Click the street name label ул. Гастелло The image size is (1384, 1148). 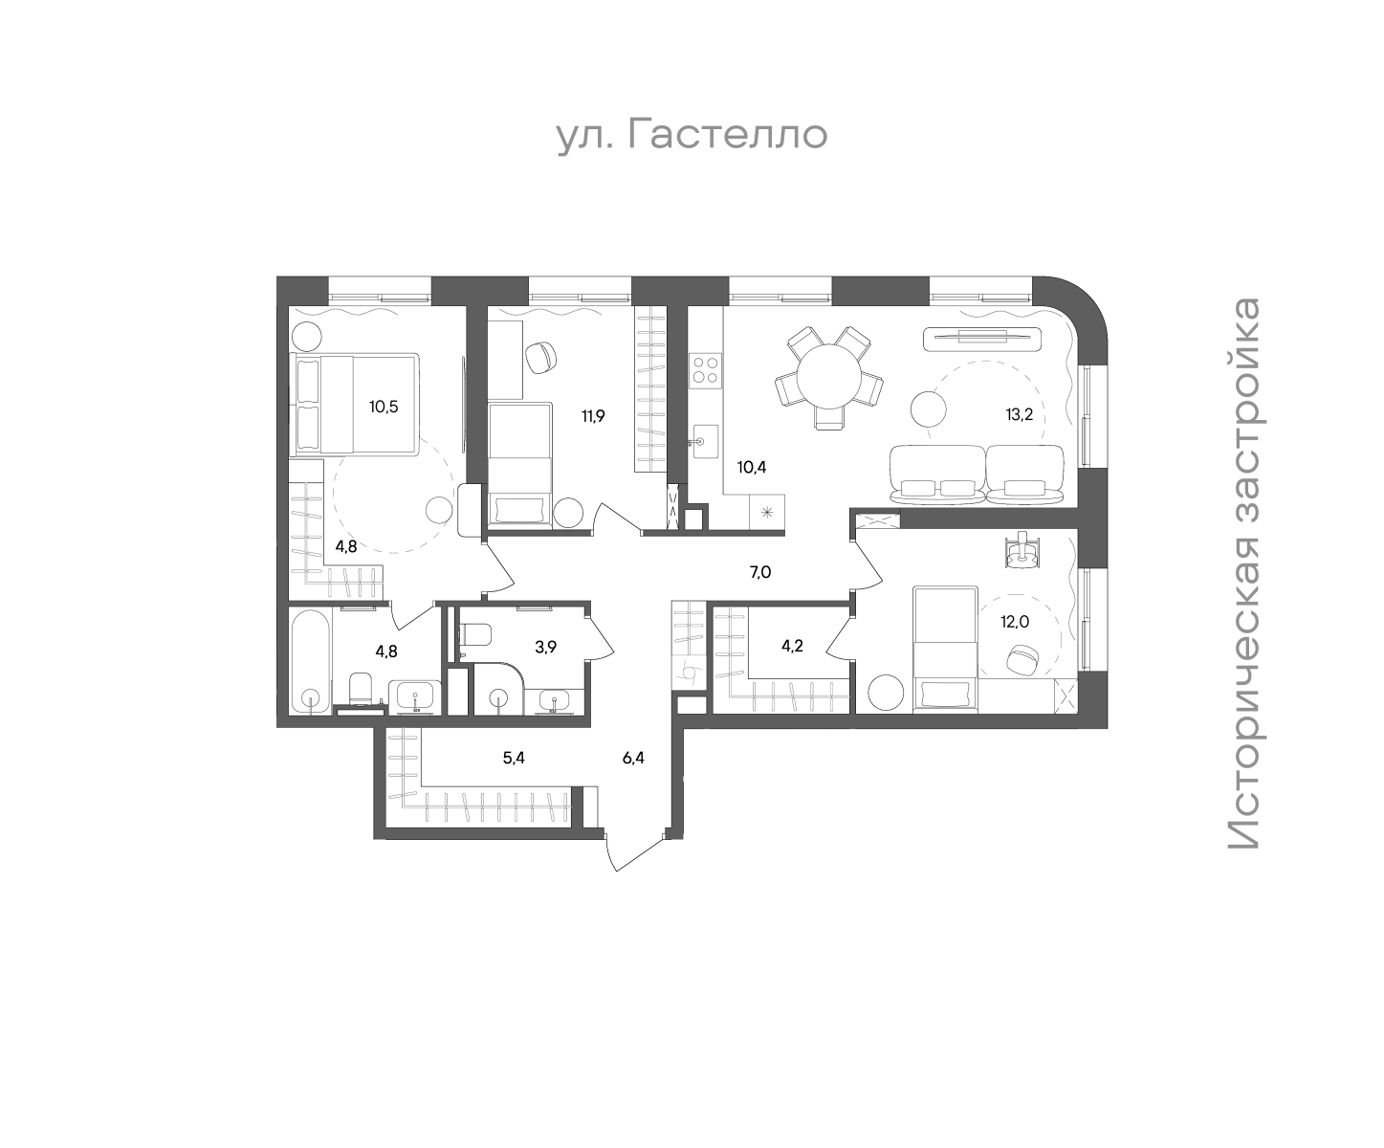(692, 135)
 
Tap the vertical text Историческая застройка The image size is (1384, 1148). (1243, 573)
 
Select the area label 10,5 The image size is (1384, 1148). (384, 407)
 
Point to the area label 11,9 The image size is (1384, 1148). (593, 416)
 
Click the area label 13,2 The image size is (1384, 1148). (1020, 415)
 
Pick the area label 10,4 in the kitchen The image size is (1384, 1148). (752, 467)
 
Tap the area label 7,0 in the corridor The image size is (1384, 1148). (760, 572)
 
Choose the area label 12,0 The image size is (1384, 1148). (1015, 622)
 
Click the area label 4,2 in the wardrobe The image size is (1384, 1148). (792, 646)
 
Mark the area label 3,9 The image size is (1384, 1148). (545, 647)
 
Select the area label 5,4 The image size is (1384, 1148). (514, 758)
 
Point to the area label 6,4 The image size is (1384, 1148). (634, 758)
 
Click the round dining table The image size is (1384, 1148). (829, 377)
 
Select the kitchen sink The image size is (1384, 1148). (705, 441)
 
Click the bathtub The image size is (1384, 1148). (310, 660)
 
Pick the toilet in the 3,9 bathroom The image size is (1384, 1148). (474, 634)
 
